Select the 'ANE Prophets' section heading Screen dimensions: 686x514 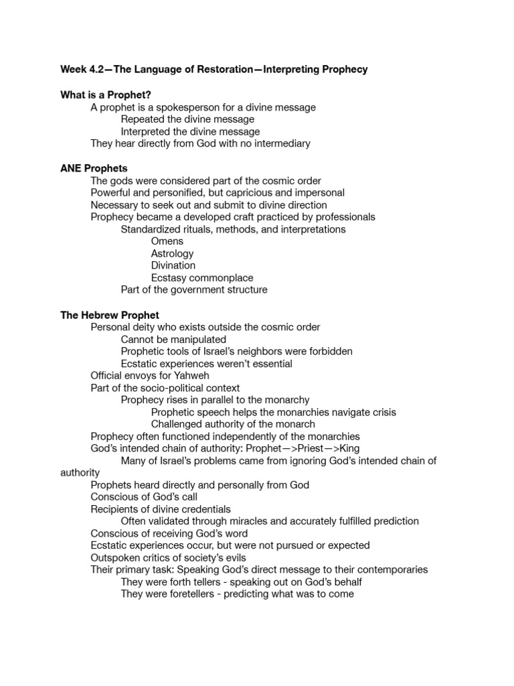(94, 168)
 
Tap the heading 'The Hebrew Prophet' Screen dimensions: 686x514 (110, 315)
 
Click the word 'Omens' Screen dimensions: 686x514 (167, 241)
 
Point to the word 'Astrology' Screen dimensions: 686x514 (173, 253)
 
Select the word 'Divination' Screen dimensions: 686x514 (174, 265)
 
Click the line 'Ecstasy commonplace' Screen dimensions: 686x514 (202, 277)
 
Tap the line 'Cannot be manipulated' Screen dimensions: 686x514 (173, 339)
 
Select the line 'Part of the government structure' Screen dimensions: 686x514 (194, 289)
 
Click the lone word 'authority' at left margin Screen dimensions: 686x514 (80, 472)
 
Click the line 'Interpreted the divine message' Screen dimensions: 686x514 (190, 131)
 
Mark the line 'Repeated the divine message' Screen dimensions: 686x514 (187, 119)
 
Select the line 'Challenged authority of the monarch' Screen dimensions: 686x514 (233, 424)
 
